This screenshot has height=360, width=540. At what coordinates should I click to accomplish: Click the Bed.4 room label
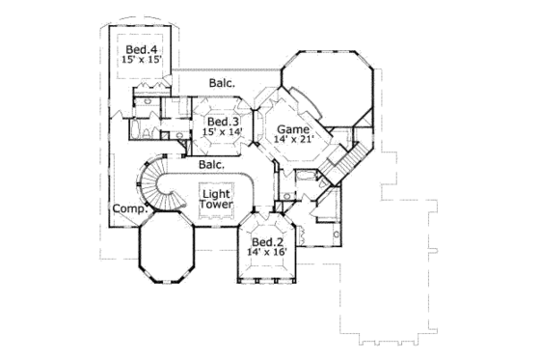tap(140, 48)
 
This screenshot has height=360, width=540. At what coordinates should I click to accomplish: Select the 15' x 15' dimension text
tap(141, 60)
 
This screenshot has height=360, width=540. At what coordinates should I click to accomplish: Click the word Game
tap(294, 128)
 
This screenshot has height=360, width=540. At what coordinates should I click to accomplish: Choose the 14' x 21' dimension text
tap(294, 140)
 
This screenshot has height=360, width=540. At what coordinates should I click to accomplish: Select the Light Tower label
tap(216, 199)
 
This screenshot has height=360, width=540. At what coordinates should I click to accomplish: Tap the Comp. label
tap(128, 208)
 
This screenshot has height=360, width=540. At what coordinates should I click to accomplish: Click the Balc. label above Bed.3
tap(223, 84)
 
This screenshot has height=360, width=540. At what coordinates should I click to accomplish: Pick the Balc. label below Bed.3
tap(212, 165)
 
